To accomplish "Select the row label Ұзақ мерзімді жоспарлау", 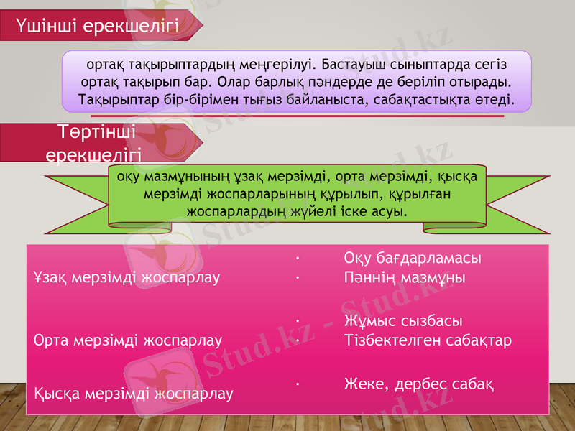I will [x=126, y=277].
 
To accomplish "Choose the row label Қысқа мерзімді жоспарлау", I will [x=133, y=393].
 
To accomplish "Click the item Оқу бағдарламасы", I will [x=412, y=259].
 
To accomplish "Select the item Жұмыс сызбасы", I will [x=402, y=320].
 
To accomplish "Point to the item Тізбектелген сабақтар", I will [x=428, y=340].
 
